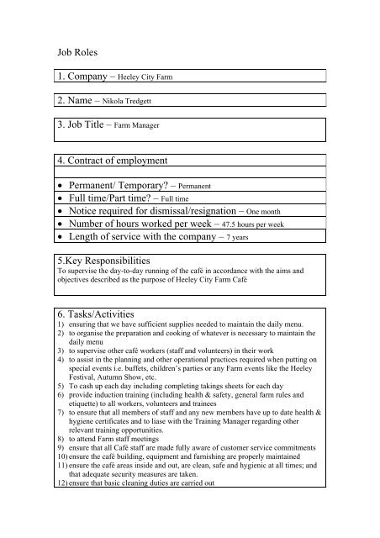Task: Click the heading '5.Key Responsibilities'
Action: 113,261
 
